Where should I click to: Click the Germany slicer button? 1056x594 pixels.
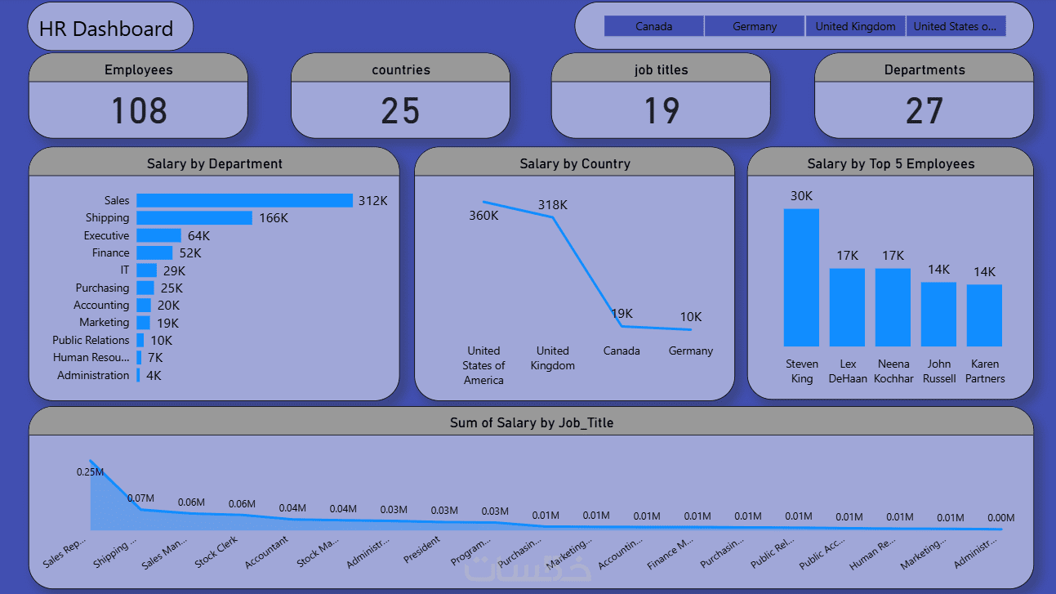tap(755, 26)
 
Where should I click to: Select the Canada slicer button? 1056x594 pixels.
tap(654, 26)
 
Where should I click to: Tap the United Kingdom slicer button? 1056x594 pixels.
tap(855, 26)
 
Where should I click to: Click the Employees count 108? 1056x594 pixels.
tap(139, 111)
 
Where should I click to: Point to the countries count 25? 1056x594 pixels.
tap(400, 111)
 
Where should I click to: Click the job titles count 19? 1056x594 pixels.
tap(661, 111)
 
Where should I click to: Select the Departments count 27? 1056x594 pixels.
tap(924, 111)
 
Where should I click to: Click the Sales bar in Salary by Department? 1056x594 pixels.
tap(244, 200)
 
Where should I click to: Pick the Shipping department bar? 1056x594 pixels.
tap(194, 217)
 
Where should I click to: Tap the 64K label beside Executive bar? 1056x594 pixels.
tap(198, 235)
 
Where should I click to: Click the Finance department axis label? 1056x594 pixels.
tap(110, 252)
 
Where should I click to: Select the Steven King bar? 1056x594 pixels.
tap(801, 278)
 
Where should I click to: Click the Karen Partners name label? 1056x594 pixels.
tap(984, 371)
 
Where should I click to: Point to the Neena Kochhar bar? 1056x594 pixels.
tap(893, 307)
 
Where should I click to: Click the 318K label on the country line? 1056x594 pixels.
tap(552, 204)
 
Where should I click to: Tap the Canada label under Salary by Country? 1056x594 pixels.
tap(622, 351)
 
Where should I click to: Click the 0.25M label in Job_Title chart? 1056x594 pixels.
tap(90, 471)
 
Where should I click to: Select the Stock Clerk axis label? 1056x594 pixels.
tap(216, 552)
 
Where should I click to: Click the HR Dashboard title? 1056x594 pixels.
tap(106, 29)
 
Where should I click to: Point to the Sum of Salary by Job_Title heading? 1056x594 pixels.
tap(531, 422)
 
